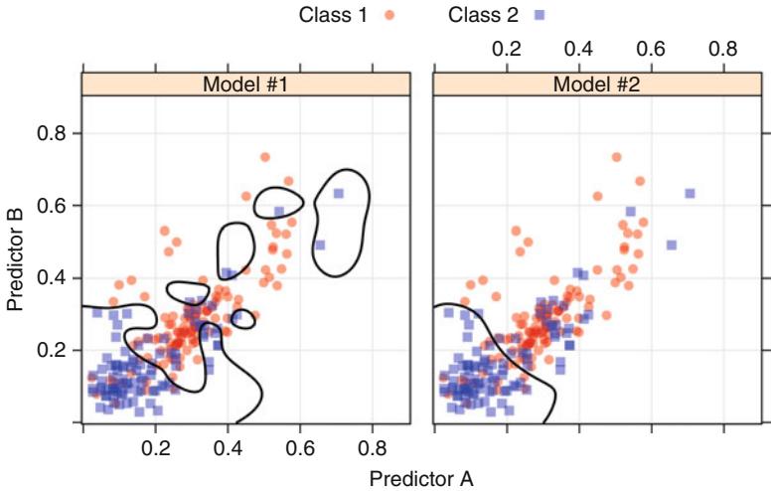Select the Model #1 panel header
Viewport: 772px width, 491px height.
245,84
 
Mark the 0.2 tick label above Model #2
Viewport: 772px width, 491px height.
508,48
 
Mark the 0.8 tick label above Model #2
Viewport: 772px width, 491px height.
724,48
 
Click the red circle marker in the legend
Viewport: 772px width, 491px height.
388,15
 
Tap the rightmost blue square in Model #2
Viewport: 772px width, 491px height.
690,193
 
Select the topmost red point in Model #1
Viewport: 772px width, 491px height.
265,157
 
